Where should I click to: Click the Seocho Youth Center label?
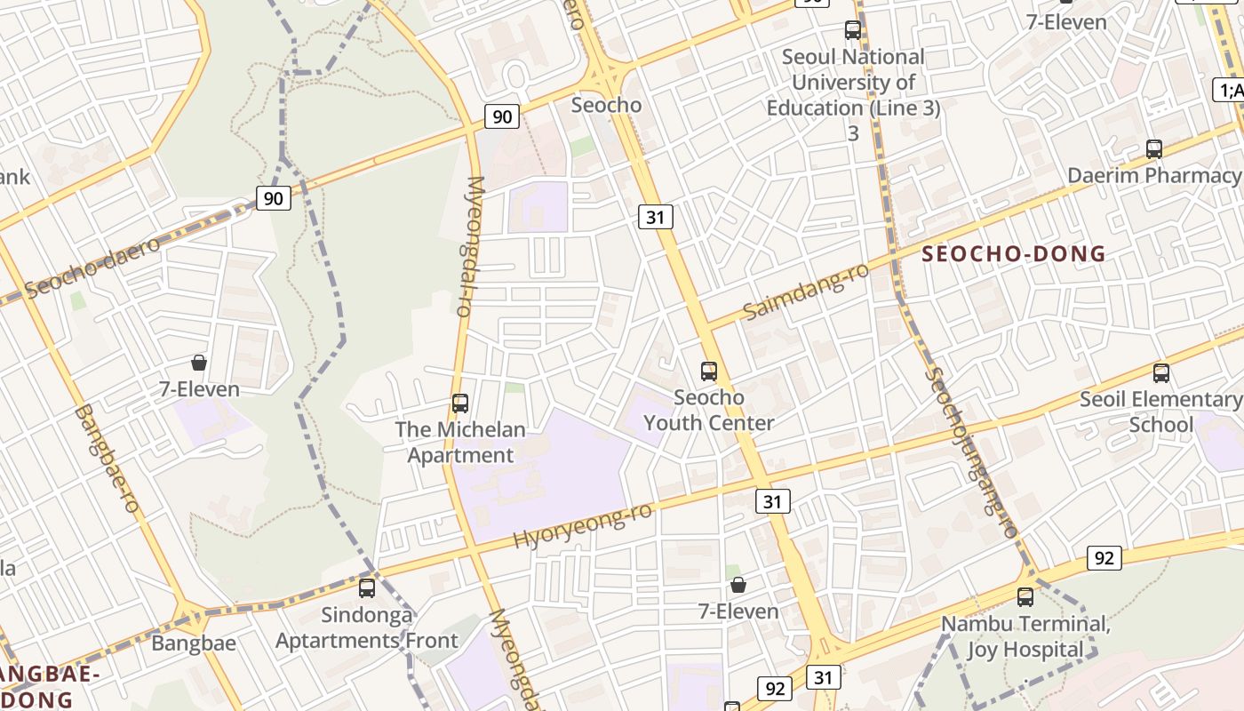pyautogui.click(x=708, y=411)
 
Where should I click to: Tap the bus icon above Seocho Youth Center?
pyautogui.click(x=708, y=371)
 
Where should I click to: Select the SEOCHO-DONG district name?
pyautogui.click(x=1014, y=254)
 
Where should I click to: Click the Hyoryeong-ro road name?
pyautogui.click(x=583, y=525)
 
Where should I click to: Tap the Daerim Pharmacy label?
pyautogui.click(x=1153, y=175)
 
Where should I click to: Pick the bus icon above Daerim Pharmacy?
pyautogui.click(x=1153, y=149)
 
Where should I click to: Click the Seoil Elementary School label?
pyautogui.click(x=1160, y=412)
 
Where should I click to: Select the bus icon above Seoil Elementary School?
pyautogui.click(x=1160, y=373)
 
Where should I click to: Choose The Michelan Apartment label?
pyautogui.click(x=459, y=443)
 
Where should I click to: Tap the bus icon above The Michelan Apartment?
pyautogui.click(x=459, y=403)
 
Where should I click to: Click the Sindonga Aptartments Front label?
pyautogui.click(x=367, y=627)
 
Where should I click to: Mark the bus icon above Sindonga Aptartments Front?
pyautogui.click(x=367, y=588)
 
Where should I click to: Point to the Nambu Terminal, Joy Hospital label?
pyautogui.click(x=1025, y=636)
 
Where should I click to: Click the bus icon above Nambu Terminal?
pyautogui.click(x=1025, y=597)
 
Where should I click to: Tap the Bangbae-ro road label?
pyautogui.click(x=107, y=459)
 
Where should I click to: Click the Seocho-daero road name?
pyautogui.click(x=92, y=267)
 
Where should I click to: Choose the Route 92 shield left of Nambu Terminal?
pyautogui.click(x=1104, y=558)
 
